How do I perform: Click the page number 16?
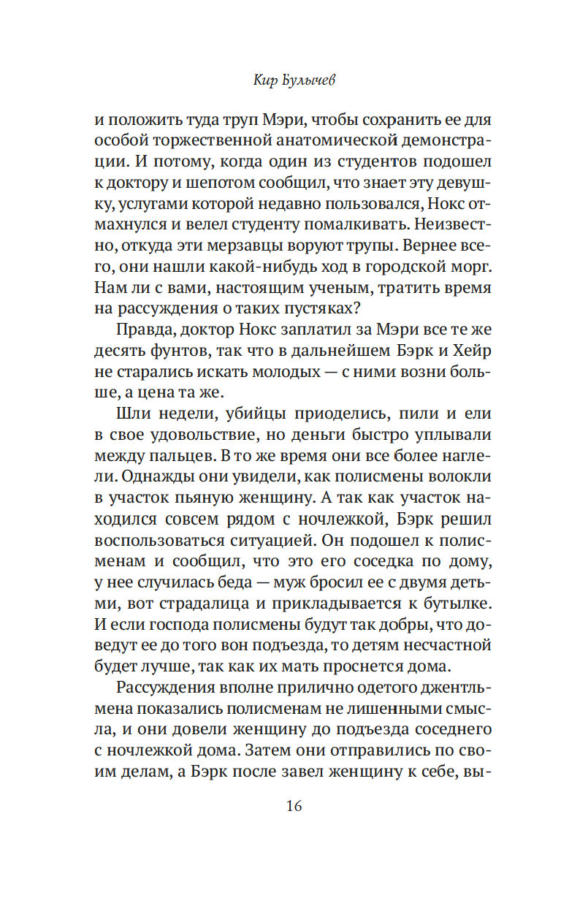pyautogui.click(x=293, y=807)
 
